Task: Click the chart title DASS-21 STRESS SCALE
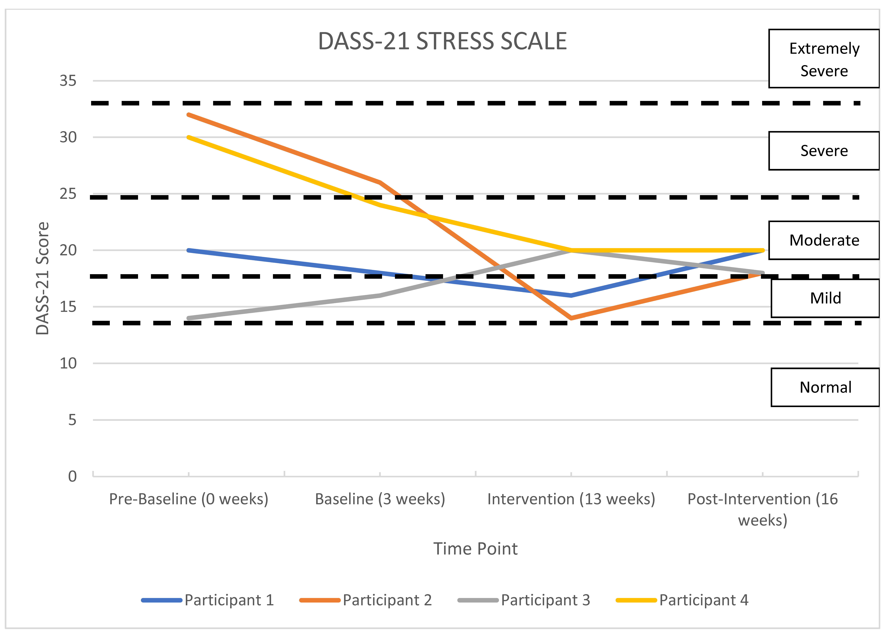[x=442, y=41]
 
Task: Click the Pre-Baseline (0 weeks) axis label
[x=189, y=499]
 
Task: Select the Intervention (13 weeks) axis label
[x=571, y=499]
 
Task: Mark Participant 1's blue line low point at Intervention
[x=571, y=295]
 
